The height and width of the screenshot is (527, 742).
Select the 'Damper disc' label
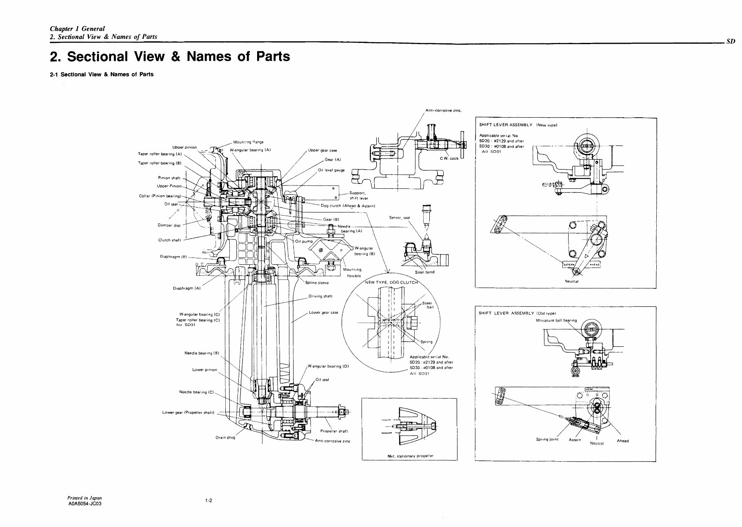(x=169, y=225)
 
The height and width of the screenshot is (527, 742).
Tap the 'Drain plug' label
(x=225, y=438)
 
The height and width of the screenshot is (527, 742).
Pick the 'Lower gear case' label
(x=323, y=313)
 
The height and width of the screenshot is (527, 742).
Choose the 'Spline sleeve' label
(x=317, y=283)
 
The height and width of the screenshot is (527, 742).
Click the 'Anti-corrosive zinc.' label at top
(x=443, y=111)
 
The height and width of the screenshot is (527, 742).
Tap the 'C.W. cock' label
(x=449, y=159)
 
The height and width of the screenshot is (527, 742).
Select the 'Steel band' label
(x=424, y=272)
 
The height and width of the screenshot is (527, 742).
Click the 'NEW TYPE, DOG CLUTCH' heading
(x=391, y=282)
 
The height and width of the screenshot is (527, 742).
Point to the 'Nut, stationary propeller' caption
(x=408, y=456)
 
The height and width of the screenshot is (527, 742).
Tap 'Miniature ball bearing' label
(x=556, y=320)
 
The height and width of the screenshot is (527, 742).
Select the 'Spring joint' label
(x=547, y=440)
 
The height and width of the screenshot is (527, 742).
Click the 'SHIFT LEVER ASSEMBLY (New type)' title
(x=518, y=125)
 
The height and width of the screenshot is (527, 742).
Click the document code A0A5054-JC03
(x=84, y=504)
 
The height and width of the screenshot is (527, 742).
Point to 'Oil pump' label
(x=304, y=241)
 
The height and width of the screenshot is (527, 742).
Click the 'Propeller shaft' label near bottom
(x=334, y=431)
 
